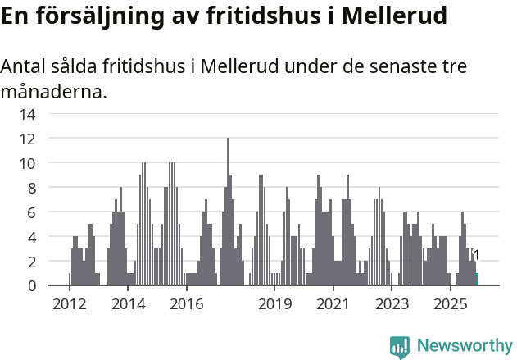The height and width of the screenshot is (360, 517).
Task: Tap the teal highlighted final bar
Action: [x=478, y=280]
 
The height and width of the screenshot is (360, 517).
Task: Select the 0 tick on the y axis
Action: [x=30, y=285]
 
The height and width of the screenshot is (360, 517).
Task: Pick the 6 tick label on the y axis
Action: [x=30, y=212]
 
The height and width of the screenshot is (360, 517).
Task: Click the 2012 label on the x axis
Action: [x=69, y=305]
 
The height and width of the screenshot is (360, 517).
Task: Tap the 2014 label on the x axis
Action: [x=128, y=305]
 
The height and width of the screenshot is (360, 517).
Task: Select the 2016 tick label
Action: [x=187, y=305]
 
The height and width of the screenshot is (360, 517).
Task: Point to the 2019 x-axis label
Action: [x=274, y=305]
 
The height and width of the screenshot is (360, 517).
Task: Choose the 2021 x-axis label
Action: [x=333, y=305]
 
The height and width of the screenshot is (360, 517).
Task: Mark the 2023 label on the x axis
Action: [x=392, y=305]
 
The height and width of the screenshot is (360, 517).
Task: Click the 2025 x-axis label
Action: [x=450, y=305]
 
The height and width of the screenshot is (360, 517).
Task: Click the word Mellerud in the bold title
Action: [x=393, y=16]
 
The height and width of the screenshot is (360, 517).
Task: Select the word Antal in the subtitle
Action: [x=24, y=66]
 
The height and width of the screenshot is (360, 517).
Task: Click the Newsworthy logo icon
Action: [x=400, y=346]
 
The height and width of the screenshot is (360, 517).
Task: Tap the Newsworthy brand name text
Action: [x=465, y=346]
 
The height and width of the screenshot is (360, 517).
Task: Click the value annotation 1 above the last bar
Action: [x=476, y=255]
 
